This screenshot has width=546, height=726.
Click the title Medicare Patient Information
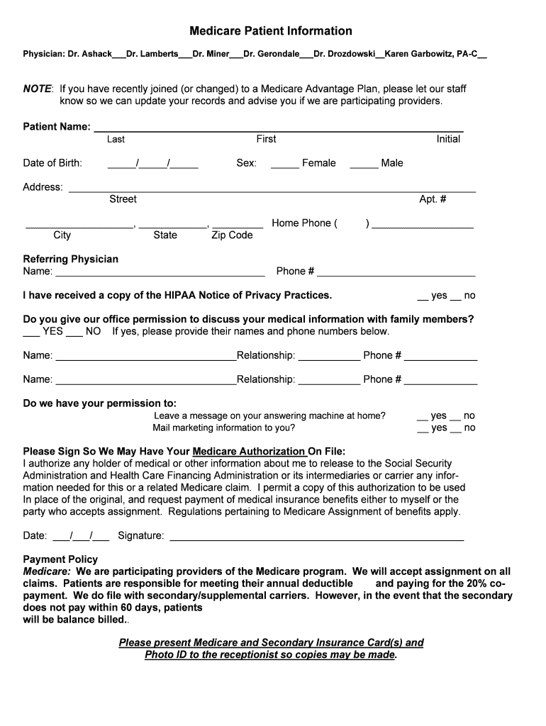point(270,31)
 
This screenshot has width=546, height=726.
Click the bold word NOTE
point(37,89)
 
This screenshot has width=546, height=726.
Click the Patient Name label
point(57,127)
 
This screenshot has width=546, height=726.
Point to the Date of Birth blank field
point(152,164)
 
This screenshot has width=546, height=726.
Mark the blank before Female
point(284,164)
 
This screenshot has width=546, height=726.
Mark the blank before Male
point(363,164)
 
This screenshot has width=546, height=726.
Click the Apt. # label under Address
point(433,199)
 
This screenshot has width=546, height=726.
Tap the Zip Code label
point(232,235)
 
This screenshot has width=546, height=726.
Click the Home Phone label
point(304,223)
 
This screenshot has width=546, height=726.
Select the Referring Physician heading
point(71,259)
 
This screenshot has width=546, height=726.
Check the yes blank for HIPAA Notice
point(423,296)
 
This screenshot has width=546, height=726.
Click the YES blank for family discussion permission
point(31,333)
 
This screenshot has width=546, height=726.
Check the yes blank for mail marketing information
point(423,429)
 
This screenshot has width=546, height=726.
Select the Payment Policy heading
point(60,559)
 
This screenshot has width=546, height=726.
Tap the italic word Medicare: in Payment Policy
point(47,571)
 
